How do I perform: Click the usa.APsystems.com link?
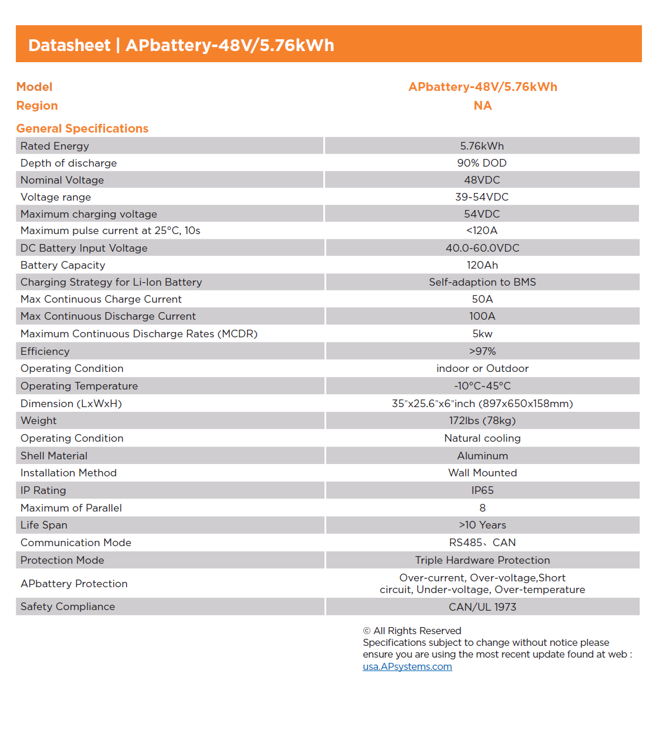[x=407, y=666]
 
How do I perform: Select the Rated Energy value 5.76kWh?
[x=482, y=146]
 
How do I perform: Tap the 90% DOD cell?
[x=482, y=163]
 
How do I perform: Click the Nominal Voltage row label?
[x=62, y=180]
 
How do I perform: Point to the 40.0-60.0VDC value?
[x=482, y=248]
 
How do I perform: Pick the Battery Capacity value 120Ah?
[x=482, y=265]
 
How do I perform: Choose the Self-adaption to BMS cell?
[x=482, y=282]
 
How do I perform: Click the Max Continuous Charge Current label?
[x=101, y=299]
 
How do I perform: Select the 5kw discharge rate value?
[x=482, y=334]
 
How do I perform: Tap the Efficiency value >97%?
[x=482, y=351]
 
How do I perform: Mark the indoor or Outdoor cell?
[x=482, y=368]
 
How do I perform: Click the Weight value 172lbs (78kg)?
[x=482, y=421]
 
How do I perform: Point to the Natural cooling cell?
[x=482, y=438]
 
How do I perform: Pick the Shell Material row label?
[x=54, y=456]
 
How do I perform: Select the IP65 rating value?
[x=482, y=490]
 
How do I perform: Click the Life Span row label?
[x=44, y=525]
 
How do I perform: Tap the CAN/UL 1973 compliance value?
[x=482, y=607]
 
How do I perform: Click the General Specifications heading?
[x=82, y=128]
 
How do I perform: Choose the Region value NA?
[x=482, y=106]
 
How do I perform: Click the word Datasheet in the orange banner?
[x=69, y=45]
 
